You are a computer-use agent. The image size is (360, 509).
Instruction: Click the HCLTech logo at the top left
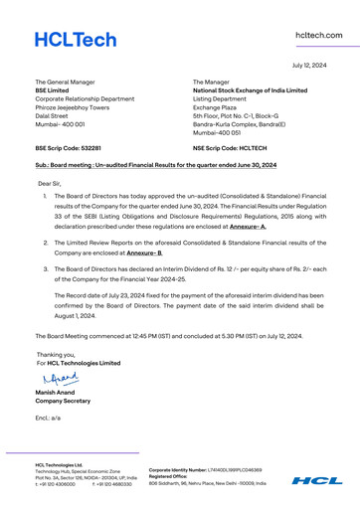76,41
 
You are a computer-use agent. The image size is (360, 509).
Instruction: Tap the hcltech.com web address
319,35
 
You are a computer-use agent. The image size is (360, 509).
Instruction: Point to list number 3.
45,268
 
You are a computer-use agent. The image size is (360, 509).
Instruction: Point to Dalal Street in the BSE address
53,116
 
